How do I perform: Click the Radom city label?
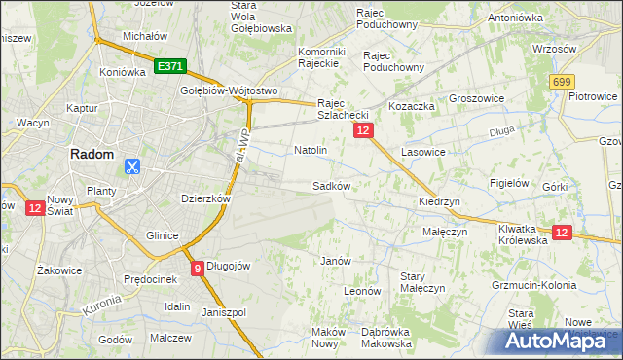[x=92, y=154]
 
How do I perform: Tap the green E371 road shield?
[x=168, y=66]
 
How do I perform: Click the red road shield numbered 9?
[x=198, y=269]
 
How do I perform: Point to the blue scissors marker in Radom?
[x=131, y=166]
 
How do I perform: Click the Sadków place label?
[x=331, y=185]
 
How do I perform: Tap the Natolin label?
[x=310, y=151]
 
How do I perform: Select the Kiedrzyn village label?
[x=438, y=201]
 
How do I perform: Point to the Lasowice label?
[x=423, y=153]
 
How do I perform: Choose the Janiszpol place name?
[x=224, y=312]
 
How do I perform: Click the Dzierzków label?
[x=205, y=198]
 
